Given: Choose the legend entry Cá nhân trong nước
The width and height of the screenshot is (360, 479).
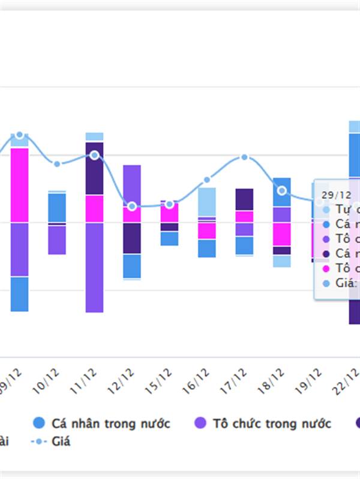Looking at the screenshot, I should coord(102,424).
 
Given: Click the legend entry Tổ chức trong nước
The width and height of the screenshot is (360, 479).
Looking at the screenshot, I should coord(263,424).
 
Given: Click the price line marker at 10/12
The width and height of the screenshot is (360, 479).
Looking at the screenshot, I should coord(57,164).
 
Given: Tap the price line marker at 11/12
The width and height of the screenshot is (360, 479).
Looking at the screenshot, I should coord(95,156).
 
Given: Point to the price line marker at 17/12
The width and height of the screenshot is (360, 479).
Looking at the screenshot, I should coord(244,157).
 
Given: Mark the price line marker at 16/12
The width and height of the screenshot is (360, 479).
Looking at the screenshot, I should coord(207,180).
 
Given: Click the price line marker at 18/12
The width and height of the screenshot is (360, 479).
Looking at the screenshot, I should coord(282,191).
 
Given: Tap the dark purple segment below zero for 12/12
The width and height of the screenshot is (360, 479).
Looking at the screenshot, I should coord(132,238).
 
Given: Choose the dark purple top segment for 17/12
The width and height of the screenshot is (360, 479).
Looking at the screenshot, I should coord(244,199).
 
